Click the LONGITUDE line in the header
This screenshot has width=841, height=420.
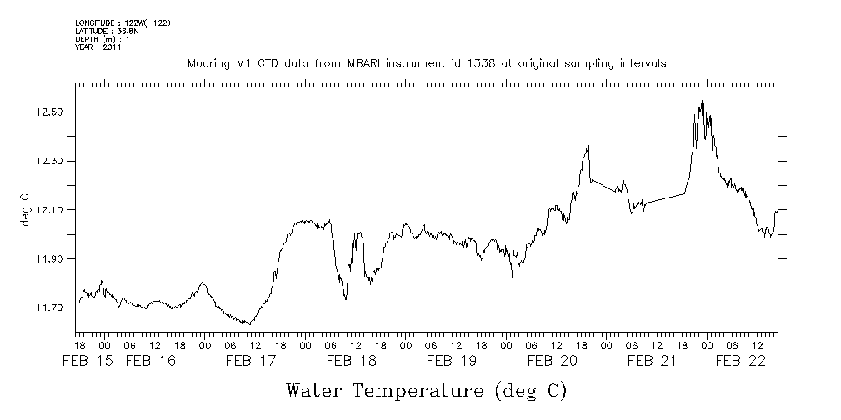point(111,22)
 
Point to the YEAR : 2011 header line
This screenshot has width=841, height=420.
point(98,47)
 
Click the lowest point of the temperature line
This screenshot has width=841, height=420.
point(248,324)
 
